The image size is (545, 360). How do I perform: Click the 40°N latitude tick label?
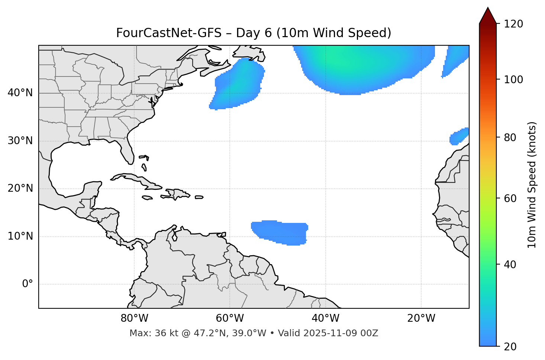click(x=20, y=93)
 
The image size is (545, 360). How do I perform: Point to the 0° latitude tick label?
click(x=27, y=284)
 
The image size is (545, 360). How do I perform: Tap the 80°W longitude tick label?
click(x=134, y=318)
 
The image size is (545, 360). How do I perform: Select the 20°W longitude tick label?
click(x=421, y=318)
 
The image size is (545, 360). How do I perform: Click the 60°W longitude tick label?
click(x=230, y=318)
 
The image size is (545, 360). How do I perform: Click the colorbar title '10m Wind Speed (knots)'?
click(x=532, y=185)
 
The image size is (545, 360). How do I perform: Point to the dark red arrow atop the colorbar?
click(x=488, y=16)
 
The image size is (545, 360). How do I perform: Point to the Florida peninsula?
click(x=126, y=150)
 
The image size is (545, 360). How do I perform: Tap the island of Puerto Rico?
click(x=199, y=197)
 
